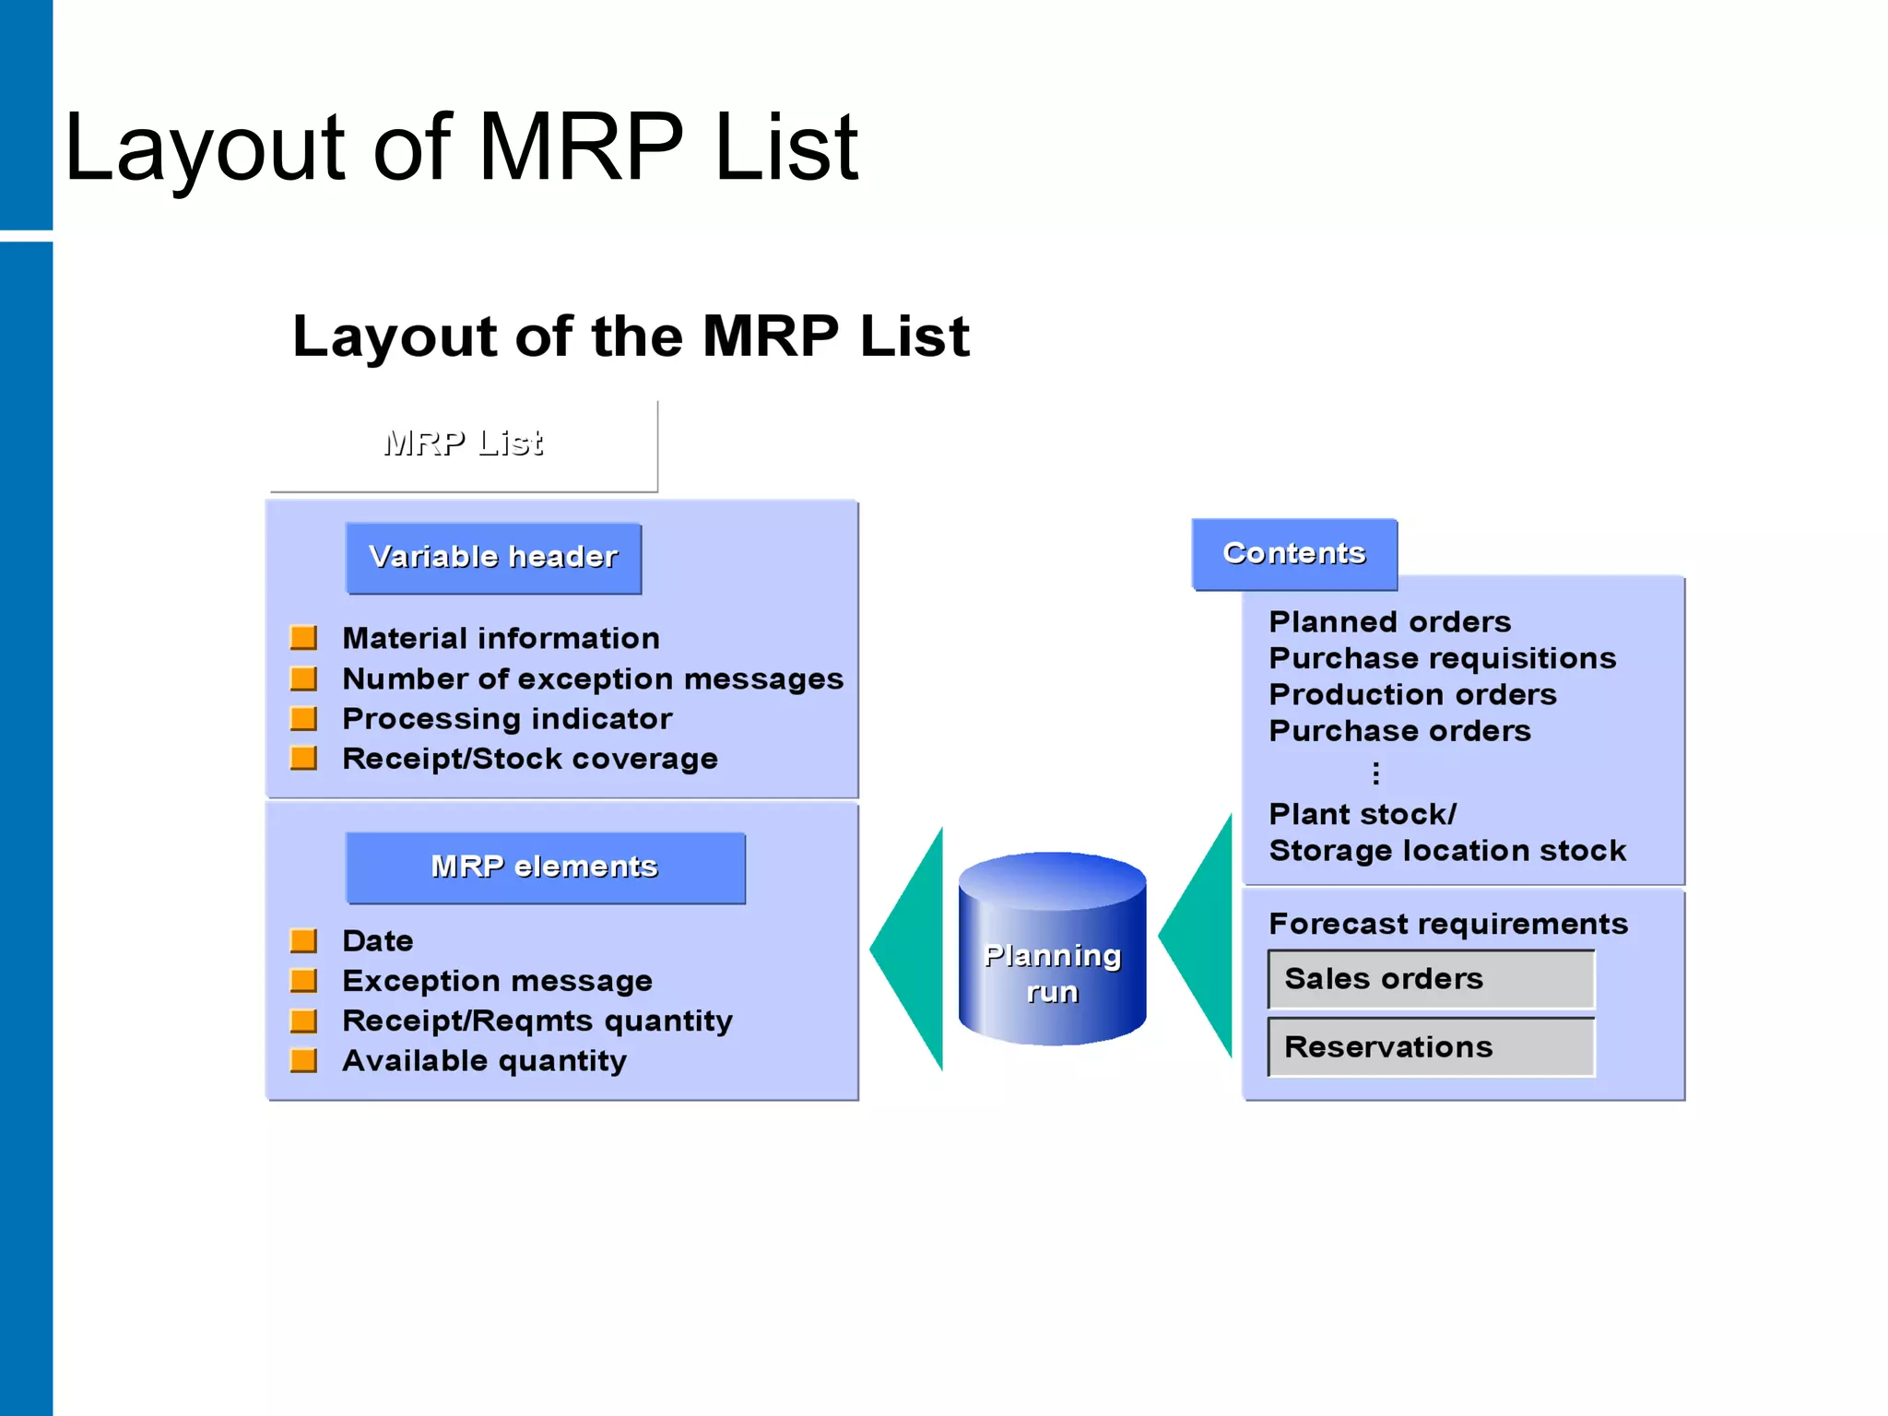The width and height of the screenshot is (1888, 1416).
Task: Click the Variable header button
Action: coord(493,558)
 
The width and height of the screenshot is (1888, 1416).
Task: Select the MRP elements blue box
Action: coord(545,867)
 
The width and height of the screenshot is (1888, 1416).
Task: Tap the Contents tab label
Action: coord(1293,553)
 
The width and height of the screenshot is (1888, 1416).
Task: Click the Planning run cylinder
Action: coord(1052,950)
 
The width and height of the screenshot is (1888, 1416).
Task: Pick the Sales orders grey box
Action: coord(1431,979)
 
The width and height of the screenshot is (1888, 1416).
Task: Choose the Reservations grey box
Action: coord(1431,1047)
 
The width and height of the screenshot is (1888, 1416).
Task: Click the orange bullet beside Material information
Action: coord(303,638)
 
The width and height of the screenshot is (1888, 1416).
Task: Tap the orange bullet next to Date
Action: coord(303,941)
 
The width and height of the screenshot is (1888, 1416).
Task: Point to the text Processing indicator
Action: coord(507,719)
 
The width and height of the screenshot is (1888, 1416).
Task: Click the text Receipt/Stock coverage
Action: coord(530,759)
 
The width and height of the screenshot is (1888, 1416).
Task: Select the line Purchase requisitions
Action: coord(1442,658)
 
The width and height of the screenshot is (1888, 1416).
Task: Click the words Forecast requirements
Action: coord(1447,924)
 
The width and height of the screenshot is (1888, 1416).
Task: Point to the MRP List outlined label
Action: coord(464,443)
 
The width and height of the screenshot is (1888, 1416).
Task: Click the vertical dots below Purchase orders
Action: coord(1375,773)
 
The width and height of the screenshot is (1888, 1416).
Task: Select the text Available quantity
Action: coord(484,1061)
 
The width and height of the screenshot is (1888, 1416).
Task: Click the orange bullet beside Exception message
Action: coord(303,981)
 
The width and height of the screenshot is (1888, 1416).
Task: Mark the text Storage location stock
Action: coord(1447,851)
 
